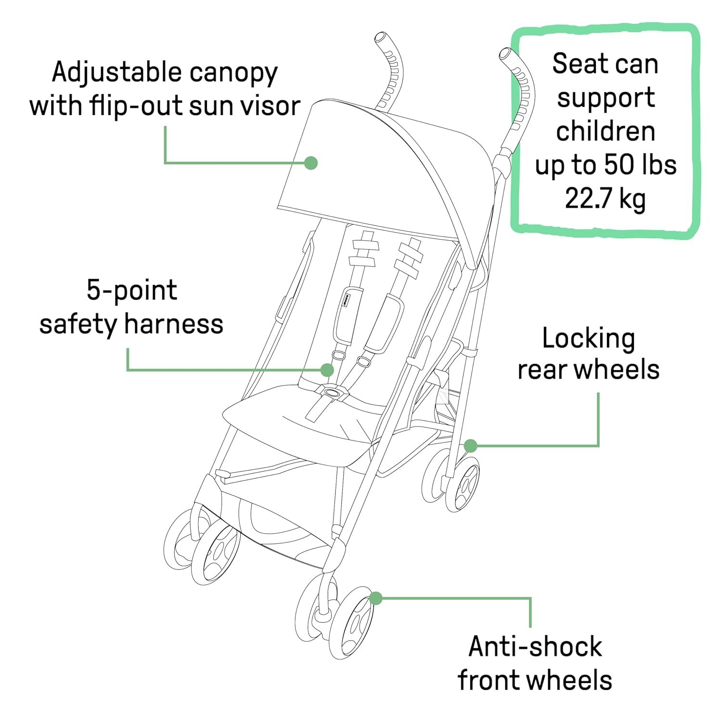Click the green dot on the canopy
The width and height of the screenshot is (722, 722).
tap(311, 163)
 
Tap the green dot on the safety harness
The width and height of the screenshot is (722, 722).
tap(327, 370)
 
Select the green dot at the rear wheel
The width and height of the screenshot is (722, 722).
tap(470, 446)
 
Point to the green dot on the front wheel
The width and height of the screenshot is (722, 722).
tap(375, 598)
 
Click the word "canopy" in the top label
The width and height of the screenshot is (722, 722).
tap(233, 74)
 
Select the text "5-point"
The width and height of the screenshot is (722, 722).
tap(132, 291)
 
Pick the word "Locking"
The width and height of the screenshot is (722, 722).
tap(588, 339)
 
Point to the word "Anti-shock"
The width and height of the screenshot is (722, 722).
tap(535, 646)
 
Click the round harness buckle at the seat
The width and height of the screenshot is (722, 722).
tap(331, 392)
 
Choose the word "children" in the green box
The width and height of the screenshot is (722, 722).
tap(606, 131)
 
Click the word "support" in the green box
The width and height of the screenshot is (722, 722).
tap(606, 98)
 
